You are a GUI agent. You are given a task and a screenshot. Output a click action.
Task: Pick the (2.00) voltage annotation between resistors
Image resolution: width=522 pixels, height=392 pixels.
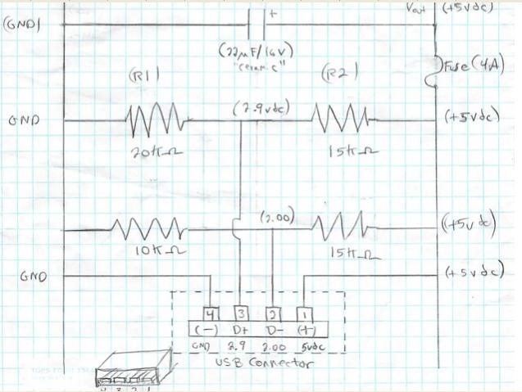click(x=275, y=219)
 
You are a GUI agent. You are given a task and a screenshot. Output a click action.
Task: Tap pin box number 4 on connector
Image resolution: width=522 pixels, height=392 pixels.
click(x=212, y=313)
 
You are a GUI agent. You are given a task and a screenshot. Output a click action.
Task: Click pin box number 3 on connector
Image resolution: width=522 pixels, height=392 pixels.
click(x=242, y=313)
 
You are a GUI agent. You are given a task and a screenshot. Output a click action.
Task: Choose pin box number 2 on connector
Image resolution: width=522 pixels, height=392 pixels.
click(x=273, y=313)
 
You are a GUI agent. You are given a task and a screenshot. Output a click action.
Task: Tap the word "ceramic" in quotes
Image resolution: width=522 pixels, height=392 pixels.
click(x=256, y=69)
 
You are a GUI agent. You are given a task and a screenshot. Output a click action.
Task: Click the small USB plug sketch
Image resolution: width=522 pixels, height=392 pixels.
click(x=131, y=373)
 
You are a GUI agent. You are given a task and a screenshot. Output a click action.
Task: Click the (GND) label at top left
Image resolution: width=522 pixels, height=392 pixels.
click(x=23, y=24)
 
